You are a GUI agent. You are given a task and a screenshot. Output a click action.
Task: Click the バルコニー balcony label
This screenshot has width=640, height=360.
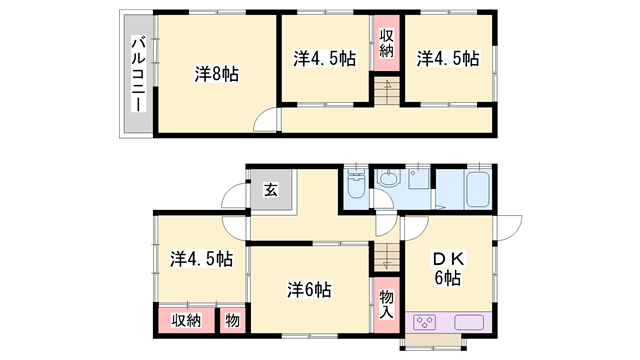pos(137,76)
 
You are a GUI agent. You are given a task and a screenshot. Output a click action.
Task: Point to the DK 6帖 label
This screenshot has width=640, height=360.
pos(447,268)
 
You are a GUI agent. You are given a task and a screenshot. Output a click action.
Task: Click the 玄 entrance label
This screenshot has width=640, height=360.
pos(270,189)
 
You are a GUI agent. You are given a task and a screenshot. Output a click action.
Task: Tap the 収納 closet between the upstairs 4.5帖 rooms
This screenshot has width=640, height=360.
pos(387,42)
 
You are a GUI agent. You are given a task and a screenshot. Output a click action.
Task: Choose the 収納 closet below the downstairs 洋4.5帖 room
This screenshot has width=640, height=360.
pos(186,320)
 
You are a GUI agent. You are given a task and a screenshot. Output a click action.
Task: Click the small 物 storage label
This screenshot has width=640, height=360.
pos(231,320)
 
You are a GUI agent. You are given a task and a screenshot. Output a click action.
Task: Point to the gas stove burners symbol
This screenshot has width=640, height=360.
pos(423,322)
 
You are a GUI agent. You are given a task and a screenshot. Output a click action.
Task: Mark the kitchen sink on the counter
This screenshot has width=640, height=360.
pos(469,322)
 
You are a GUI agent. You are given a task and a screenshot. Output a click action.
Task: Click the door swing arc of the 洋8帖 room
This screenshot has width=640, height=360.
pos(266,120)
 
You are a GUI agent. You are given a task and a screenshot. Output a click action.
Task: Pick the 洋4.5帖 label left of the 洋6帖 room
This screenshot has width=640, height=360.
pos(201,259)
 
